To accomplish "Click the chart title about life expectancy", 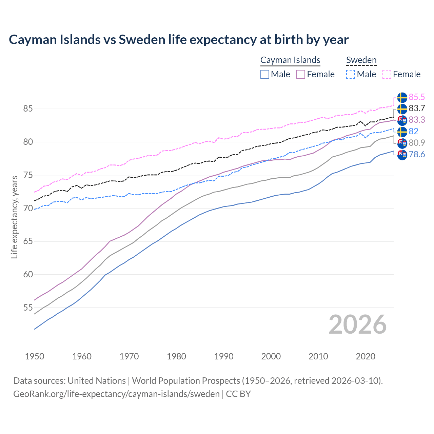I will coord(179,40).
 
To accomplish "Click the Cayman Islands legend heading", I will coord(290,60).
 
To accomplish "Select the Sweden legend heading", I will coord(361,60).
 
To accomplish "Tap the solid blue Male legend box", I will coord(265,74).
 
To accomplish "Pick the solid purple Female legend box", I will coord(301,74).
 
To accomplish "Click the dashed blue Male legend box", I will coord(351,74).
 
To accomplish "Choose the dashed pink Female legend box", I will coord(387,74).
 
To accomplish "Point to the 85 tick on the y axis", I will coord(28,109).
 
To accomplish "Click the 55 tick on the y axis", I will coord(28,308).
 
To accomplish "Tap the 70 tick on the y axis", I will coord(28,208).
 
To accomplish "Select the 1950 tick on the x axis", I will coord(35,356).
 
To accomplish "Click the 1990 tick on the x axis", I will coord(224,356).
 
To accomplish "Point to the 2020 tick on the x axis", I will coord(366,356).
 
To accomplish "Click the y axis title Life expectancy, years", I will coord(15,217).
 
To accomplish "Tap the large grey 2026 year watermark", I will coord(358,324).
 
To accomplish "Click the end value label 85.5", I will coord(417,97).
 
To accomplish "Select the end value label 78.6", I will coord(417,155).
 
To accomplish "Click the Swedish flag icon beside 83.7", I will coord(402,109).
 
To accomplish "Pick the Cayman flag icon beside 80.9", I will coord(402,143).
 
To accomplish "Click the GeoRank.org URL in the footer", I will coord(116,394).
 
